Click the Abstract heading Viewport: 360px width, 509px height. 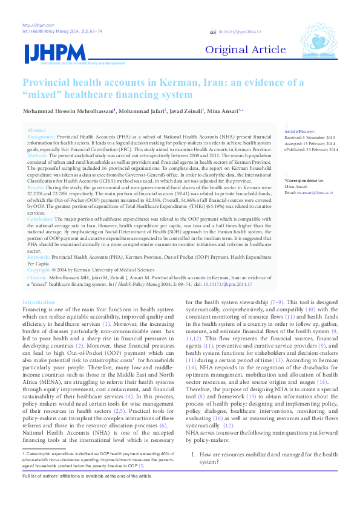[36, 131]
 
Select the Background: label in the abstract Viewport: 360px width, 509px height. [41, 137]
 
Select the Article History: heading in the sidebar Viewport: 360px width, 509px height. [299, 131]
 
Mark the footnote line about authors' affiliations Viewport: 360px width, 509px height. [87, 493]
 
